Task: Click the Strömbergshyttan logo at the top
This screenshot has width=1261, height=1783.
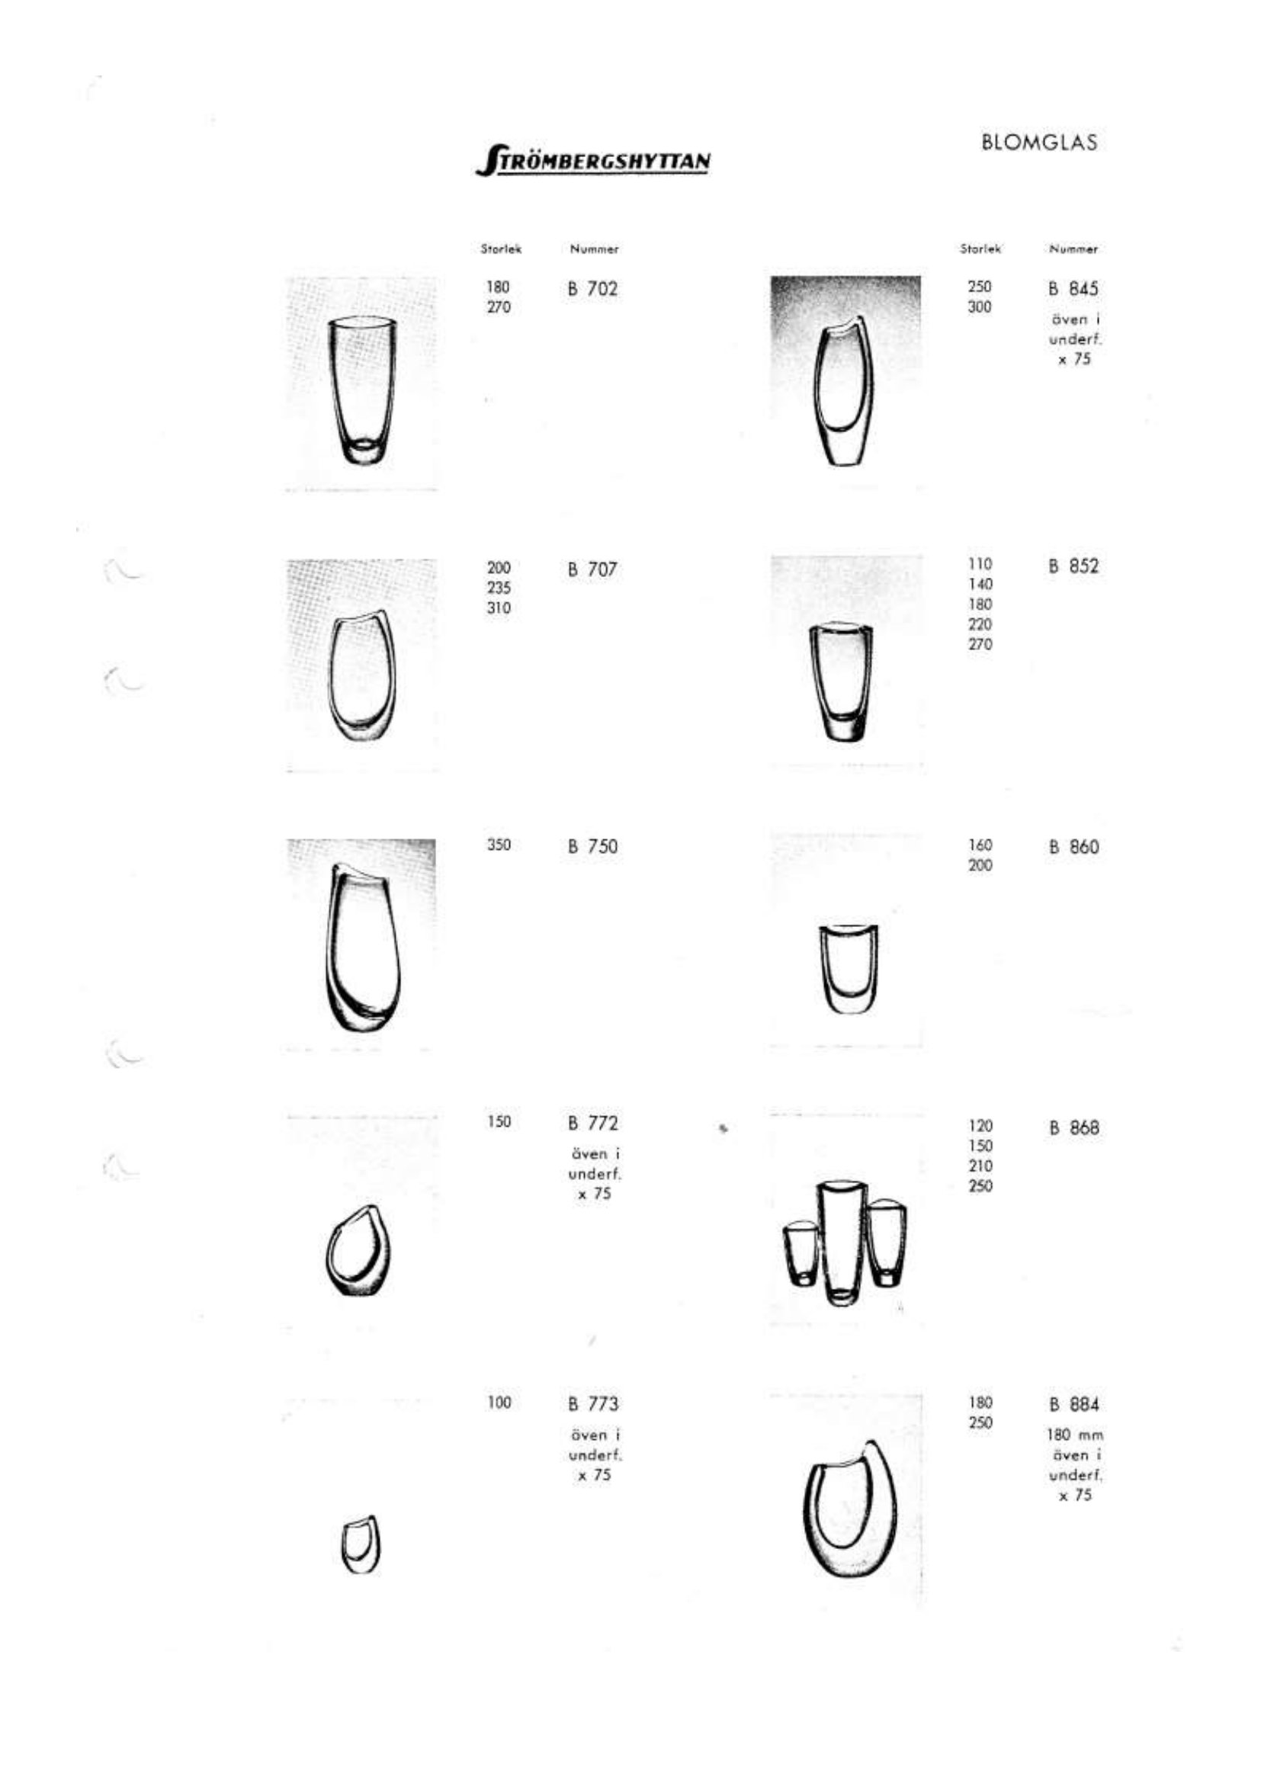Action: coord(592,160)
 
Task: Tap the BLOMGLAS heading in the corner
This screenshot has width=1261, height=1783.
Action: coord(1039,143)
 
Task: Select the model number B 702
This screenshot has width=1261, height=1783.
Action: coord(592,289)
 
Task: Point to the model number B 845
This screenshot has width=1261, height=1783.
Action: coord(1073,289)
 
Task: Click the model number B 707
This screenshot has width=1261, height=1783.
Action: coord(592,569)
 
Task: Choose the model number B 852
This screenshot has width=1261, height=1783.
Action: coord(1073,566)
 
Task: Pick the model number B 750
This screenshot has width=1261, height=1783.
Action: coord(592,846)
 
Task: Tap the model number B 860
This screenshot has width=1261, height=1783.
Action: coord(1073,846)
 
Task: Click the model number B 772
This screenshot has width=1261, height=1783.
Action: coord(592,1123)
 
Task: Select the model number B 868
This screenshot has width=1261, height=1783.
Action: coord(1073,1127)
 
